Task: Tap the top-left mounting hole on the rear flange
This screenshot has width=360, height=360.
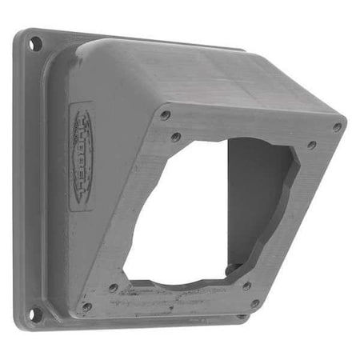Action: pos(36,43)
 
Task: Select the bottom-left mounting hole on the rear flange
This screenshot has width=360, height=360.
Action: pos(34,313)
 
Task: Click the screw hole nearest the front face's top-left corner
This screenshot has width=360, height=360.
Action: pos(165,115)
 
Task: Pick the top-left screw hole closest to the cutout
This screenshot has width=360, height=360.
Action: pos(175,137)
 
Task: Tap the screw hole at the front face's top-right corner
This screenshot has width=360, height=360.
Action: pos(337,126)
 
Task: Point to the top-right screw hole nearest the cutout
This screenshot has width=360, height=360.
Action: pos(311,146)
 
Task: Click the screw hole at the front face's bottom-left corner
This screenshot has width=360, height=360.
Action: pos(86,306)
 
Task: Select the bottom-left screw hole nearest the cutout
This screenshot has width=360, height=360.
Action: pos(114,287)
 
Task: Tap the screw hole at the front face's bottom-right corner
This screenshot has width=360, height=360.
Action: pos(254,303)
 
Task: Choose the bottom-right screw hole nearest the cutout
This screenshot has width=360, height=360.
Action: pos(246,286)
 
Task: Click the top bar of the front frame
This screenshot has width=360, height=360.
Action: pos(248,128)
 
